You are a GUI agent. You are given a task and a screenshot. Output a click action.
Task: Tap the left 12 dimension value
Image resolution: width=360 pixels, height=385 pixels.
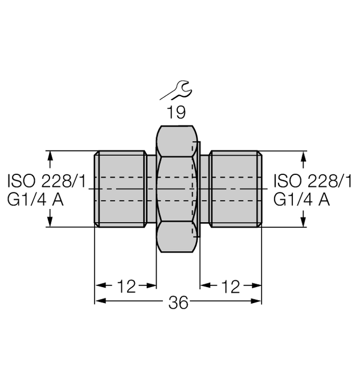click(x=126, y=286)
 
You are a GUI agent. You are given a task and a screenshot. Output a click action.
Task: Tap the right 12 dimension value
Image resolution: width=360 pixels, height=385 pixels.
click(x=230, y=286)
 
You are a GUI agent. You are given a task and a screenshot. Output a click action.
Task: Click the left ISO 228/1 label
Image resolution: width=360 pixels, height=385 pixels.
click(x=46, y=182)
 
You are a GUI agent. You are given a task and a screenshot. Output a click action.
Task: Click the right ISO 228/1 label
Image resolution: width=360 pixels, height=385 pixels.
click(x=313, y=182)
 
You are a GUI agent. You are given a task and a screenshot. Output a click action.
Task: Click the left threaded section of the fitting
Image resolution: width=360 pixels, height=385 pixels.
click(x=121, y=189)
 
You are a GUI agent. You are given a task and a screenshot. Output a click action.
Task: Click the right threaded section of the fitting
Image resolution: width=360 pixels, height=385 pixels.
click(x=235, y=189)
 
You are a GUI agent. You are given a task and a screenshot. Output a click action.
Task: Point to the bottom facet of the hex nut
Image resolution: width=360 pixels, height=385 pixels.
click(x=177, y=237)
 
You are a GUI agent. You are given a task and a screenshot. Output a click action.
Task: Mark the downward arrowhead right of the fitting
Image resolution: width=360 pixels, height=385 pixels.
click(x=303, y=221)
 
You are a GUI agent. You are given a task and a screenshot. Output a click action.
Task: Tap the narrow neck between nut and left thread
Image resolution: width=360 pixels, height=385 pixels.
click(x=151, y=189)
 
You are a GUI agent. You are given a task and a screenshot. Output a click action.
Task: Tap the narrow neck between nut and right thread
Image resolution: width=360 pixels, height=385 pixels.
click(x=205, y=189)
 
